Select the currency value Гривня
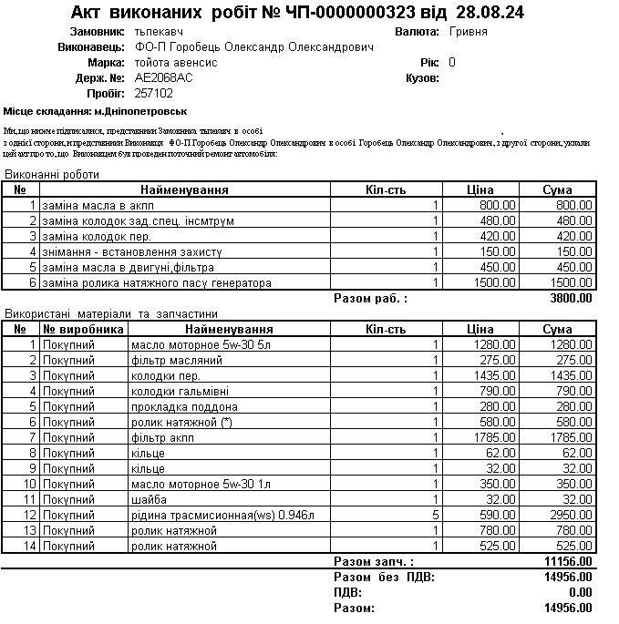[469, 32]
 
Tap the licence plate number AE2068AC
[163, 78]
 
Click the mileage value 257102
[153, 94]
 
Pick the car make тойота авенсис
[175, 63]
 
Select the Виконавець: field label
[91, 47]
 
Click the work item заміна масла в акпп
[96, 206]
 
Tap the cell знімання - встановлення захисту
[133, 252]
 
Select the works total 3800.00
[571, 298]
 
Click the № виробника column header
[83, 329]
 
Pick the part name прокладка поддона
[177, 406]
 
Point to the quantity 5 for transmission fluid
[436, 516]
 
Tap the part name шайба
[149, 500]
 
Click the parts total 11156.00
[567, 562]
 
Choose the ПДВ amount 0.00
[580, 592]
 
